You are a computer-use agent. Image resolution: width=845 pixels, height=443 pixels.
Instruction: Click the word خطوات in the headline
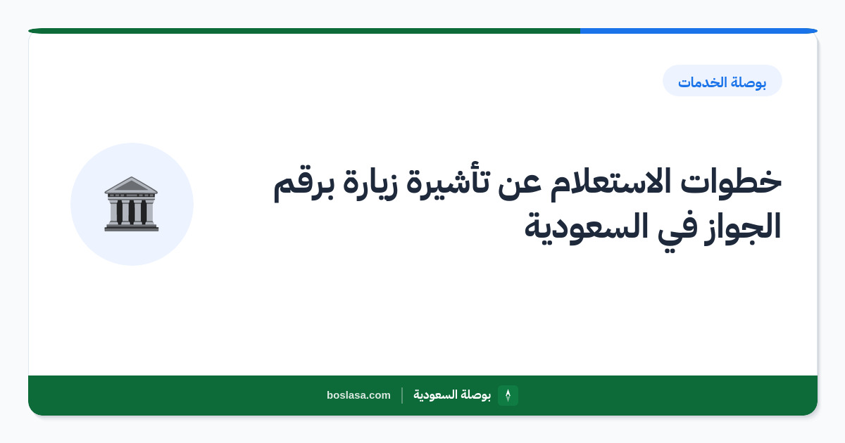(x=731, y=182)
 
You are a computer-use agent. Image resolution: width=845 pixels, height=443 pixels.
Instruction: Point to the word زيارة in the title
(x=370, y=183)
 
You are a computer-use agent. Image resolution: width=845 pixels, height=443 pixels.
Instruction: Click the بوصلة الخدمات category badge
(x=722, y=81)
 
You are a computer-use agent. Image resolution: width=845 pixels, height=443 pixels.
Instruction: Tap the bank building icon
(x=131, y=204)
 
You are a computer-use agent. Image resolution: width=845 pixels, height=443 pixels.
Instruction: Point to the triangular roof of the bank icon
(x=131, y=185)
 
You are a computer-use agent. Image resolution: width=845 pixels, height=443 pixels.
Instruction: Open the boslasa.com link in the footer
(x=358, y=395)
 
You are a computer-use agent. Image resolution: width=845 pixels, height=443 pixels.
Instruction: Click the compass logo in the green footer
(x=508, y=395)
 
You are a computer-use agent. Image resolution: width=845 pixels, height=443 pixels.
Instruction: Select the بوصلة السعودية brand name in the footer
(x=452, y=395)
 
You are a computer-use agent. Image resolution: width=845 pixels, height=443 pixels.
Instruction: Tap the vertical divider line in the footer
(x=402, y=395)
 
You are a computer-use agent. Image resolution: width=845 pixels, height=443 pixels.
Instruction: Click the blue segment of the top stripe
(x=699, y=31)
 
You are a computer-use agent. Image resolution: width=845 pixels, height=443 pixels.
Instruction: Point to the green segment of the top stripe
(x=304, y=31)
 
